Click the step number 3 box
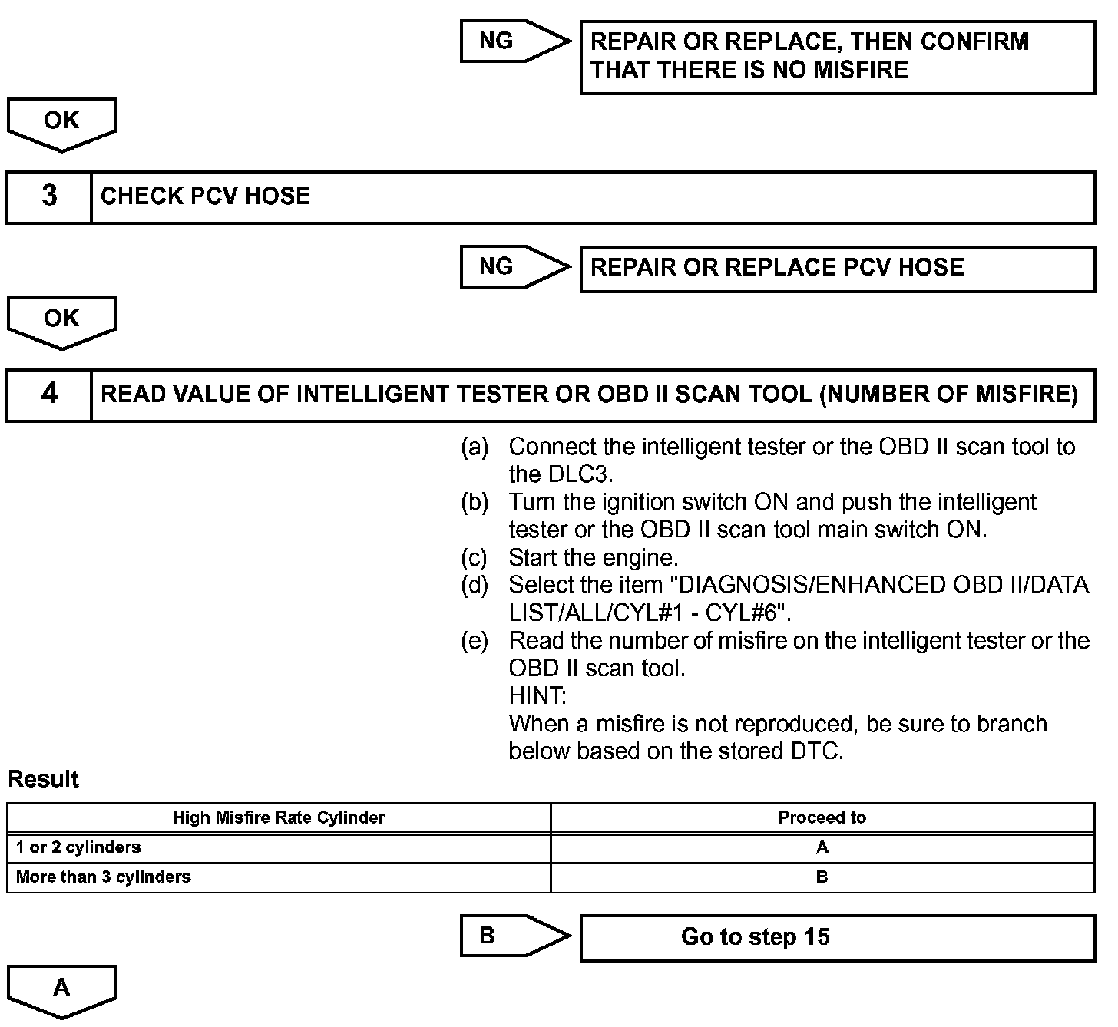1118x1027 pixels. [49, 196]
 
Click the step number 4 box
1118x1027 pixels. [49, 394]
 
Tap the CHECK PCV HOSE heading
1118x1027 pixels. [205, 196]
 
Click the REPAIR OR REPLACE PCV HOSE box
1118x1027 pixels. [837, 268]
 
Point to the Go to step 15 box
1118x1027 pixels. [837, 937]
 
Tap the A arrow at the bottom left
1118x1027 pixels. [61, 989]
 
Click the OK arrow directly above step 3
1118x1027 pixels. [61, 122]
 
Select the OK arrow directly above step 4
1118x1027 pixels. [61, 320]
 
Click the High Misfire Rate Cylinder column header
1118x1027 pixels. [278, 817]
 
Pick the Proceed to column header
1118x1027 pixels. [822, 817]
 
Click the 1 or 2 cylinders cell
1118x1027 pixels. [78, 847]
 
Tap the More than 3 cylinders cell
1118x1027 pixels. [104, 877]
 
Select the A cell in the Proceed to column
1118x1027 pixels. [822, 847]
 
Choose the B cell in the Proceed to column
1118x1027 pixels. [822, 877]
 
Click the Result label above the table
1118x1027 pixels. [43, 779]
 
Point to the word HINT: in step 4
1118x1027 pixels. [537, 696]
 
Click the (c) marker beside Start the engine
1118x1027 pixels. [474, 557]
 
